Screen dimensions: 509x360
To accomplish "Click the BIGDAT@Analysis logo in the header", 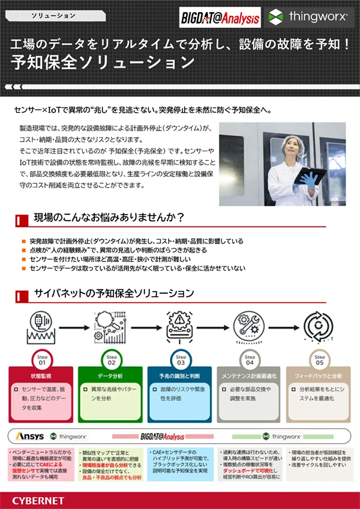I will coord(220,18).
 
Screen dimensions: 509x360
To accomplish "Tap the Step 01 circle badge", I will coord(42,360).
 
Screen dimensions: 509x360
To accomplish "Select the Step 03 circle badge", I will coord(181,360).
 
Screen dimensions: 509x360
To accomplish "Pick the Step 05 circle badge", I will coord(319,360).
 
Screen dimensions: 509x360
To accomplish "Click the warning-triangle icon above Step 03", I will coord(180,324).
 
